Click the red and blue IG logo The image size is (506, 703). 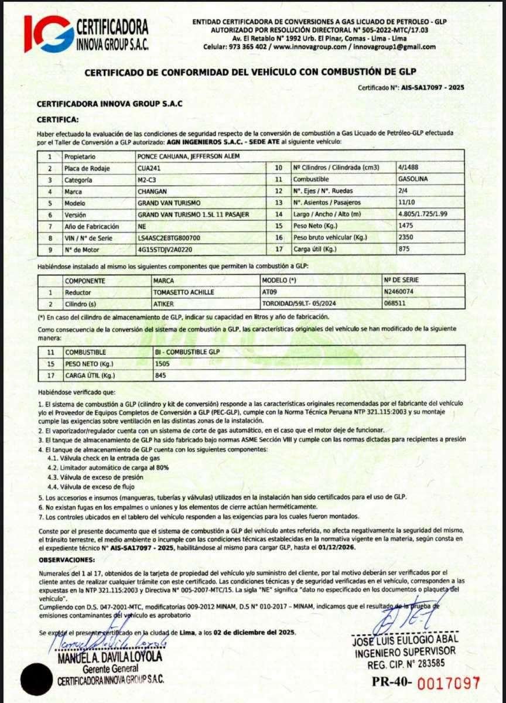click(x=49, y=33)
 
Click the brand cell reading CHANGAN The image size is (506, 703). click(x=152, y=191)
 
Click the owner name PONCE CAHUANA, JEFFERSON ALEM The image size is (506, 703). click(x=187, y=156)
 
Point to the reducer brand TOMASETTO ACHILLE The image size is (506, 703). click(x=183, y=292)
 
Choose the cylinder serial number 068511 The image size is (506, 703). click(x=394, y=304)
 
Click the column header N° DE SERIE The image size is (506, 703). click(x=402, y=280)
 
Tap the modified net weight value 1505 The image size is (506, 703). click(x=162, y=364)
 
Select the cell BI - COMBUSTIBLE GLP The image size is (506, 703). click(x=187, y=352)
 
